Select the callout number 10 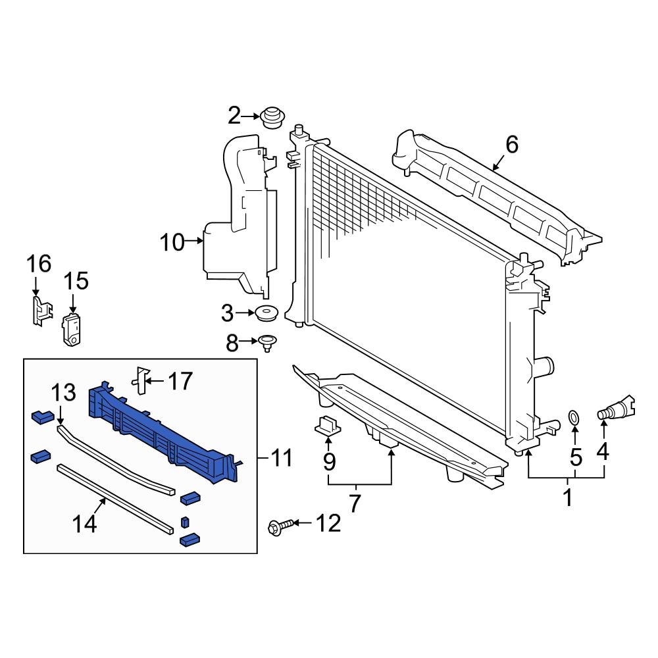tap(173, 243)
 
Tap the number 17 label tap(180, 380)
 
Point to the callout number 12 tap(328, 524)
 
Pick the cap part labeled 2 tap(270, 118)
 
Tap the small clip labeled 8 tap(267, 343)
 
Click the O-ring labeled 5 tap(574, 417)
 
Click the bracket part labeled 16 tap(41, 309)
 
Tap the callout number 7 tap(355, 503)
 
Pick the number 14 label tap(85, 524)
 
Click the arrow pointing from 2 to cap tap(251, 117)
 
